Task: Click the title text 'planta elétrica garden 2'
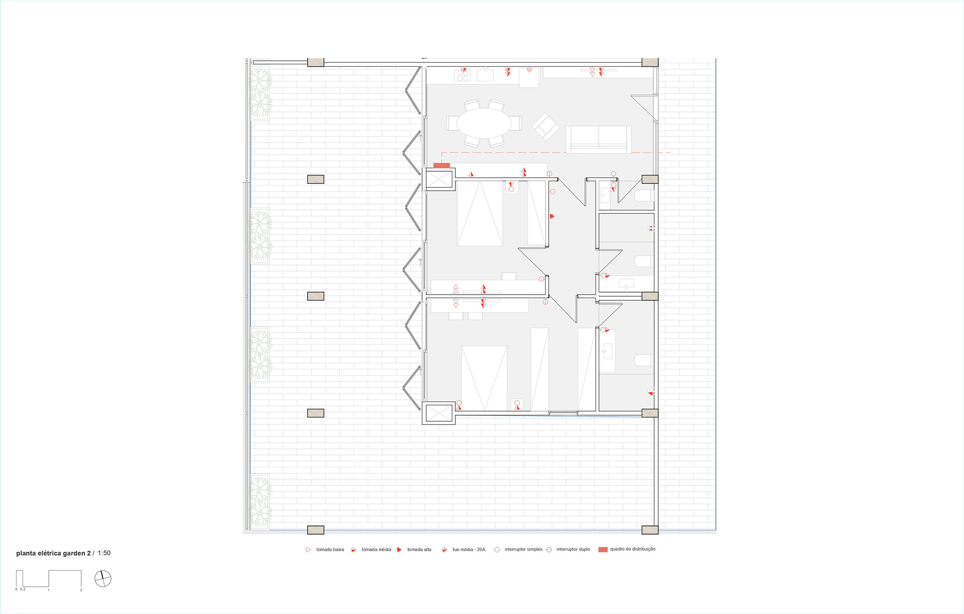click(x=53, y=553)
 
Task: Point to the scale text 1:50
click(x=104, y=553)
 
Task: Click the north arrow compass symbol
click(x=103, y=579)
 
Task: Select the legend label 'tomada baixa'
click(x=330, y=550)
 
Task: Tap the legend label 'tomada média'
click(x=376, y=550)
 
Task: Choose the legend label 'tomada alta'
click(x=419, y=550)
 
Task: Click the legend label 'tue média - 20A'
click(x=469, y=550)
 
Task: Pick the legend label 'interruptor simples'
click(x=524, y=549)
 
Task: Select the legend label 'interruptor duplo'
click(x=573, y=549)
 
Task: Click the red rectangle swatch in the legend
click(x=603, y=550)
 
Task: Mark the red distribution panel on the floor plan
click(x=441, y=166)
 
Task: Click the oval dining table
click(x=484, y=123)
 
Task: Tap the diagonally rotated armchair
click(x=545, y=127)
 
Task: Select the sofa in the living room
click(x=598, y=139)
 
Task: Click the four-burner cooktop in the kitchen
click(x=462, y=75)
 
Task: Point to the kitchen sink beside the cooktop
click(x=485, y=75)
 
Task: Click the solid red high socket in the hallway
click(x=552, y=216)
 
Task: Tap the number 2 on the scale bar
click(x=81, y=590)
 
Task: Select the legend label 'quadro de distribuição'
click(x=633, y=549)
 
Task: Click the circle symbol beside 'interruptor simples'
click(x=497, y=550)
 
